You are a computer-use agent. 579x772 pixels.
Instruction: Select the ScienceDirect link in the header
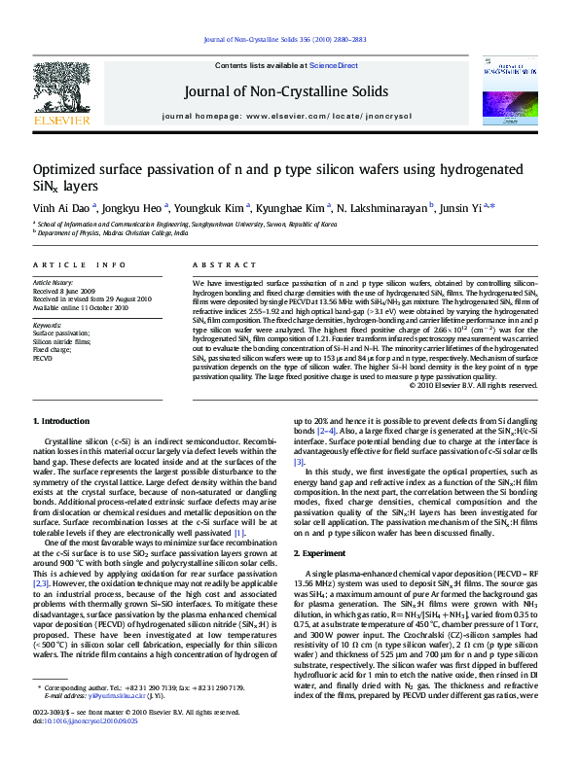point(334,65)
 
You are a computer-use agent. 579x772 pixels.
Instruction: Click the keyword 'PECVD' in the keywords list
point(43,359)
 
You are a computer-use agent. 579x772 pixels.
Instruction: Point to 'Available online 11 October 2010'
point(81,306)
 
